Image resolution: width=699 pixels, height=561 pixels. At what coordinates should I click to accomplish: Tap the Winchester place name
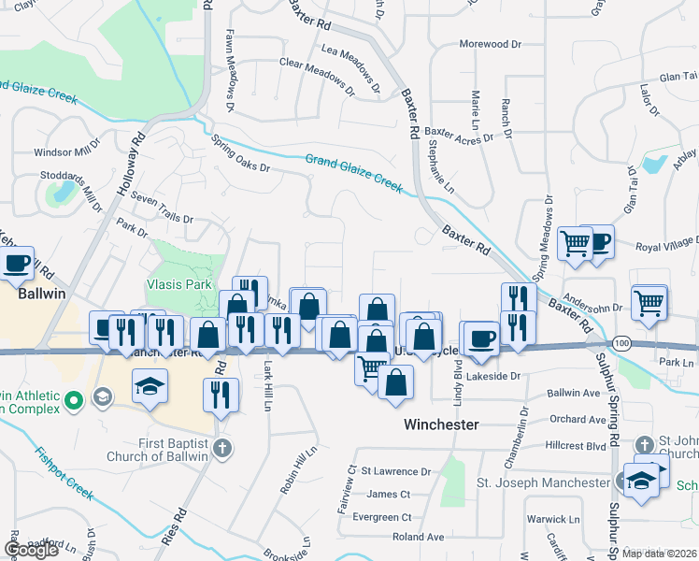click(441, 424)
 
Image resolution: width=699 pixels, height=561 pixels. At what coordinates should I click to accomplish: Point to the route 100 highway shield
click(620, 345)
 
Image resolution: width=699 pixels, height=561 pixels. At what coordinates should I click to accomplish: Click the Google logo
click(31, 550)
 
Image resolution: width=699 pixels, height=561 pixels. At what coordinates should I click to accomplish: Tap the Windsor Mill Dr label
click(66, 151)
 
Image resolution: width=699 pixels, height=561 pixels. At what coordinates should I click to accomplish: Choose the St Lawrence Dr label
click(396, 472)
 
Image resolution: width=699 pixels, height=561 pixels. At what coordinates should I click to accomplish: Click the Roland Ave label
click(418, 537)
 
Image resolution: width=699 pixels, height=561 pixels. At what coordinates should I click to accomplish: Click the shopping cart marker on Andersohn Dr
click(649, 302)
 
